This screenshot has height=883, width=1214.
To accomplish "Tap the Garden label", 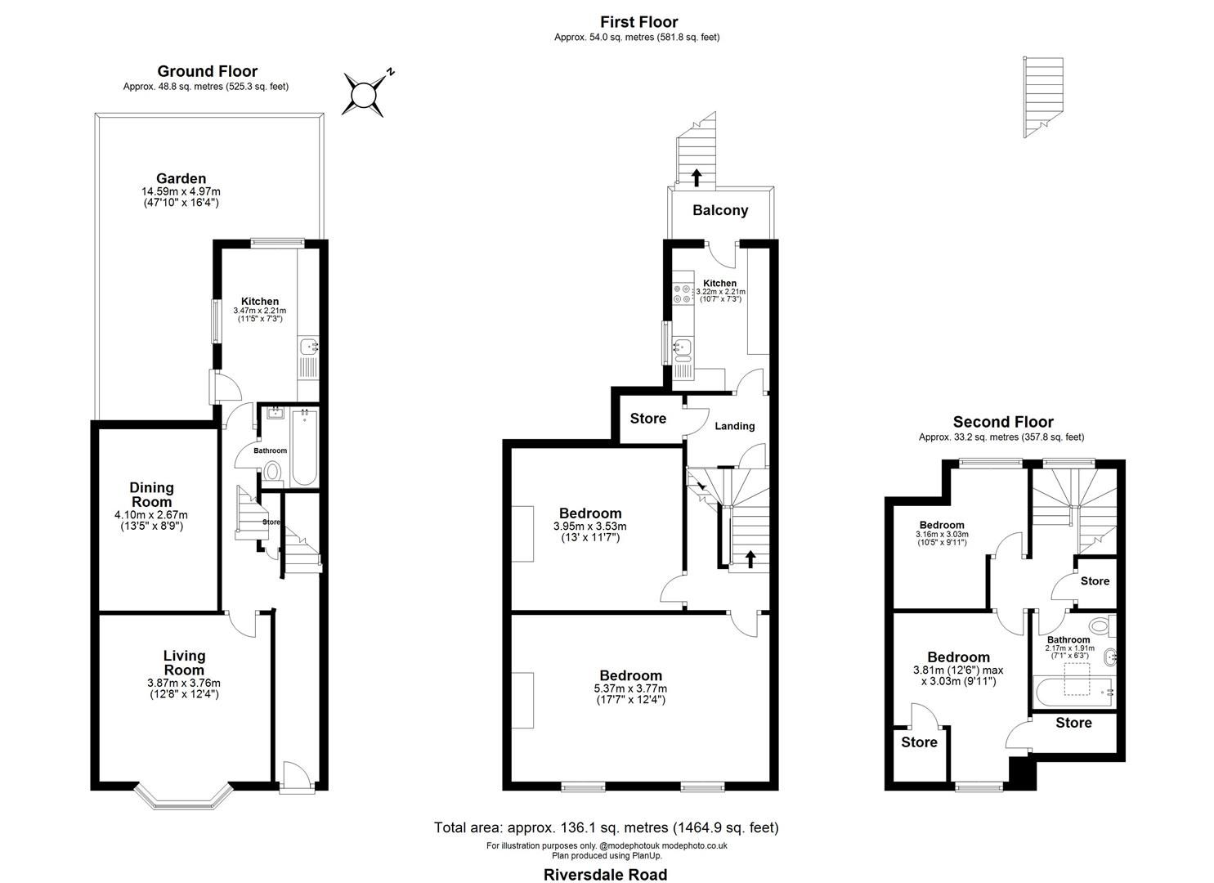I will (181, 179).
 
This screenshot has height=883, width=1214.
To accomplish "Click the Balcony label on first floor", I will (719, 211).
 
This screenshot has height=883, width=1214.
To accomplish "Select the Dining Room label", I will (151, 495).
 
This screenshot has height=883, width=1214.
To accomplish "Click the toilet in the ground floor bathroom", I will (273, 472).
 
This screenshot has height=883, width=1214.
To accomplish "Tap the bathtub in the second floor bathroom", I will (1071, 692).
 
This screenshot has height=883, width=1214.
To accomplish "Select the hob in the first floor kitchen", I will (681, 293).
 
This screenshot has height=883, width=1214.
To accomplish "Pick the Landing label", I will (734, 426).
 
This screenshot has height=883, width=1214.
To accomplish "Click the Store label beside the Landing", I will (647, 419).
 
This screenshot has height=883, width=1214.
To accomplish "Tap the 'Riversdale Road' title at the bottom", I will (605, 874).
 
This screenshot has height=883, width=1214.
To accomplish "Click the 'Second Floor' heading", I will (1002, 422).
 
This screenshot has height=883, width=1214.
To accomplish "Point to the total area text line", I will (606, 827).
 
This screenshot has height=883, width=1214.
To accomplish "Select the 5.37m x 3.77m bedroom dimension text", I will (630, 688).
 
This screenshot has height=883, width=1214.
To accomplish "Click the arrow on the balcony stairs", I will (696, 175).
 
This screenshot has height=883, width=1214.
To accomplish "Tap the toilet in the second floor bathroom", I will (1101, 627).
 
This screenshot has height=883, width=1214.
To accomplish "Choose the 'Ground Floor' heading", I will (207, 71).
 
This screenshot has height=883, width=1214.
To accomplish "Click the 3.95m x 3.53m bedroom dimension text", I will (589, 527).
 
